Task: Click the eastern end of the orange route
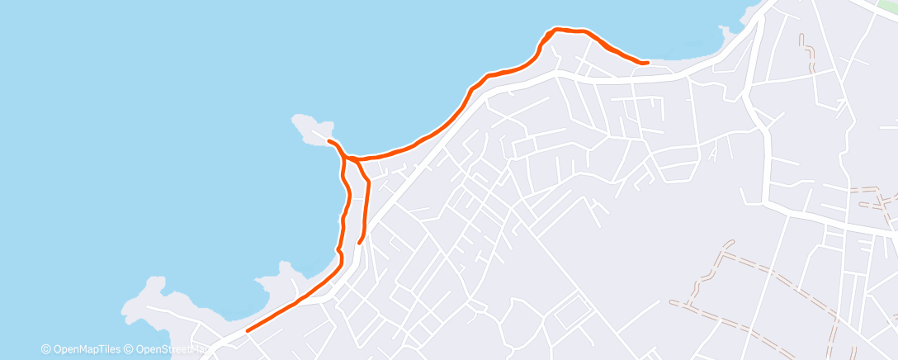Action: coord(646,62)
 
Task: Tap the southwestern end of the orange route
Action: coord(248,330)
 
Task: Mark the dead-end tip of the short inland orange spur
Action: coord(359,243)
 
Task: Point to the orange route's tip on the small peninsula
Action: coord(329,141)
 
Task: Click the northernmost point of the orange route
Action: coord(558,29)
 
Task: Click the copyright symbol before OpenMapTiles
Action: coord(46,349)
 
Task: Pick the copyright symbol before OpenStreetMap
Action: coord(130,349)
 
